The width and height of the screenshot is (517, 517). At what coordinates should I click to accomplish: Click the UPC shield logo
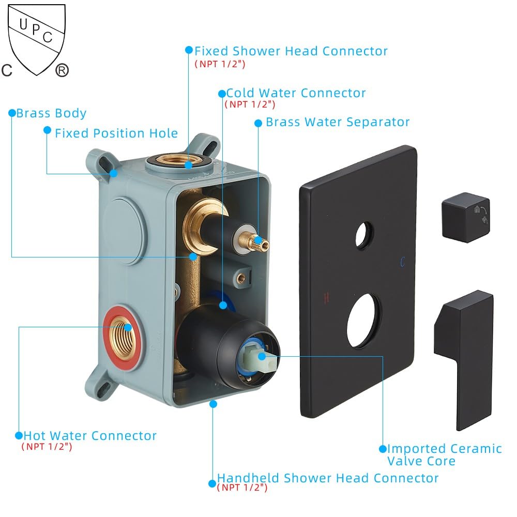click(36, 40)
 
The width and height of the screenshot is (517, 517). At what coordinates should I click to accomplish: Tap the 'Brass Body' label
click(51, 113)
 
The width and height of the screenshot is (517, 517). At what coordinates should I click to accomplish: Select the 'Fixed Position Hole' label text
click(116, 133)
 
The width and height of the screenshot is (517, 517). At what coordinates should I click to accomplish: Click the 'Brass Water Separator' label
click(338, 122)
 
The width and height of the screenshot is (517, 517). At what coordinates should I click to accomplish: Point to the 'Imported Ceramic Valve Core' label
click(444, 454)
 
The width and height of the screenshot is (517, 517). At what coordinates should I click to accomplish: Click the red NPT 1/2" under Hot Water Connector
click(47, 447)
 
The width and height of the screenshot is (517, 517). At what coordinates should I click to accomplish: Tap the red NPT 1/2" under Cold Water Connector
click(250, 104)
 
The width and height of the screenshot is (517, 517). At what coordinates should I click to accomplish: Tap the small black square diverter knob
click(466, 217)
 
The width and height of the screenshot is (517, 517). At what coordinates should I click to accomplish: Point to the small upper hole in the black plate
click(364, 235)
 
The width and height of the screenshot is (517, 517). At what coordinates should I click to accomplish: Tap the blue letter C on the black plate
click(403, 262)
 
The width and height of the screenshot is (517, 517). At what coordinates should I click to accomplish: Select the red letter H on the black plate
click(326, 298)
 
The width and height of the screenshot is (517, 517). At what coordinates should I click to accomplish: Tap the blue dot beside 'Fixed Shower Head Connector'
click(189, 50)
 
